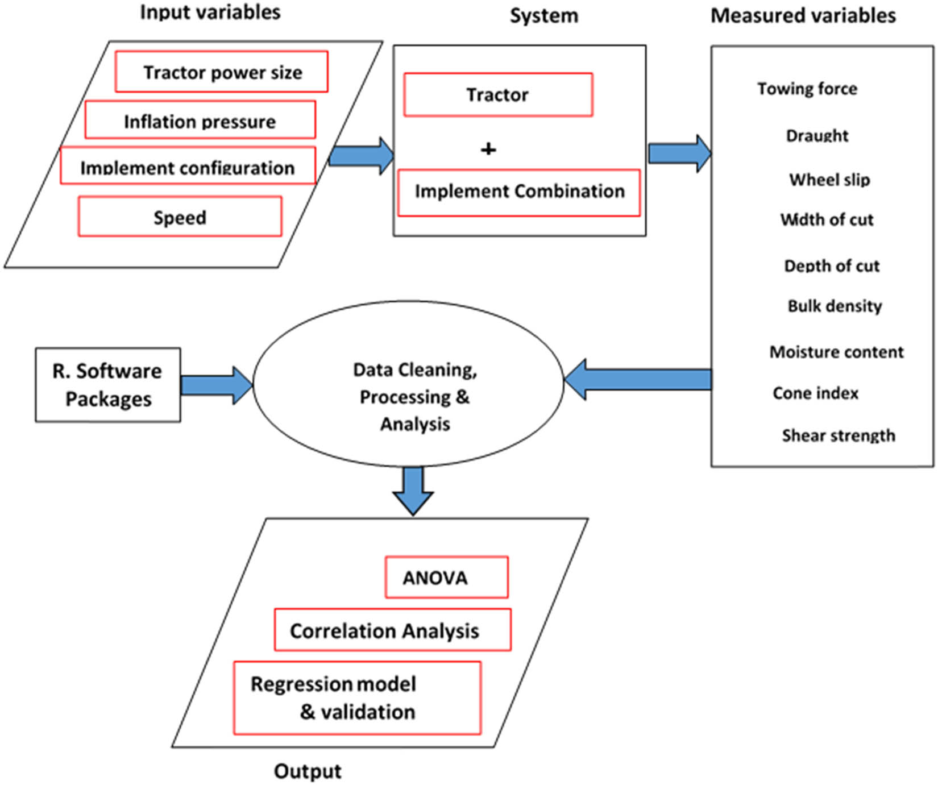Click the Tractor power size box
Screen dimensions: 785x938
tap(222, 72)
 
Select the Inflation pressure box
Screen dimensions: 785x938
tap(200, 120)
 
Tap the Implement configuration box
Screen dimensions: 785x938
tap(188, 165)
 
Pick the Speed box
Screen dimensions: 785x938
tap(180, 217)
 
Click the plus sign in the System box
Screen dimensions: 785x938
tap(488, 149)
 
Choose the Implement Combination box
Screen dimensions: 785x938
tap(519, 192)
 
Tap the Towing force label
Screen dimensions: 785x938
tap(807, 89)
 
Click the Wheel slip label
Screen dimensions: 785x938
tap(829, 180)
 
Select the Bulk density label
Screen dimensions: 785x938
tap(835, 306)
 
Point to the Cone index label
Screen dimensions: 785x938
tap(815, 393)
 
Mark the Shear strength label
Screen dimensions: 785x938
tap(838, 435)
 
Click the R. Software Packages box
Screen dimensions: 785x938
tap(108, 385)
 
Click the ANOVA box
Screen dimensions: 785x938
tap(446, 577)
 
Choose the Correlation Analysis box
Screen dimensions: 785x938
tap(392, 630)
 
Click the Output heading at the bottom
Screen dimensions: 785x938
tap(308, 771)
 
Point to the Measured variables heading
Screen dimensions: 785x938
tap(803, 15)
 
